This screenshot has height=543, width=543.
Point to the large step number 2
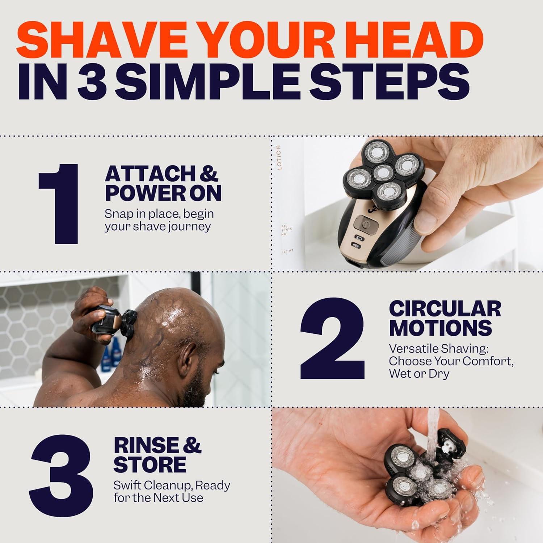[x=332, y=338]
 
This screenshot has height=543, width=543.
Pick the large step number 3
[x=62, y=471]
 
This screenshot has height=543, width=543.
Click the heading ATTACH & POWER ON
[x=163, y=184]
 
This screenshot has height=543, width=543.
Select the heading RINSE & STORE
[x=157, y=455]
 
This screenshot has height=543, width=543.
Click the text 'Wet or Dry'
[x=419, y=374]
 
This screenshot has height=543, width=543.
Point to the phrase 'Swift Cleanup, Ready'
[x=172, y=485]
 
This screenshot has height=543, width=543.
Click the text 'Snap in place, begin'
[x=159, y=214]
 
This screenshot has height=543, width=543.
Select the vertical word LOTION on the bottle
[x=278, y=157]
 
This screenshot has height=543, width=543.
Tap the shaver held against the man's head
[x=112, y=320]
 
